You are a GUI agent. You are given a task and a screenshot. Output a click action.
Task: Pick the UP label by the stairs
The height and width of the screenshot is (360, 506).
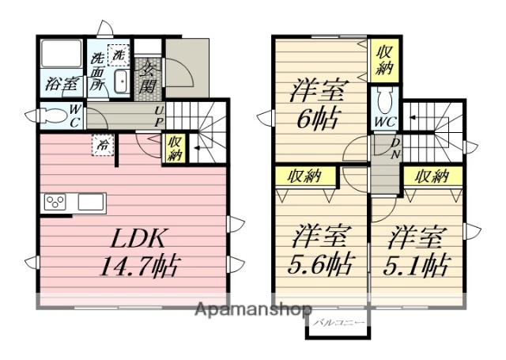158,117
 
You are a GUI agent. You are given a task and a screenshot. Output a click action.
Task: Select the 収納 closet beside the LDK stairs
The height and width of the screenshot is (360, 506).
174,148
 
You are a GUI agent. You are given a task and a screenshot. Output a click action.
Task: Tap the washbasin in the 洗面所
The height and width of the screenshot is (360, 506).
122,82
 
